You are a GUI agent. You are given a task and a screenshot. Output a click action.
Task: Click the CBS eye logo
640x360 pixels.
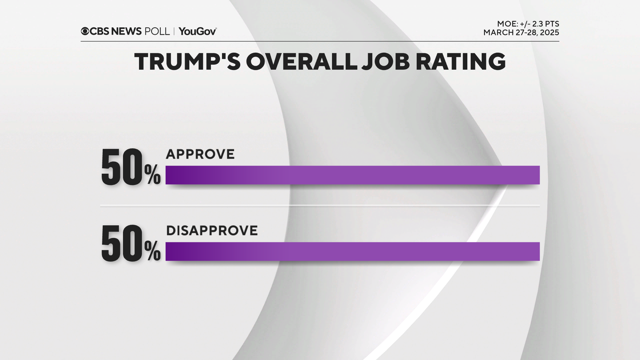(85, 31)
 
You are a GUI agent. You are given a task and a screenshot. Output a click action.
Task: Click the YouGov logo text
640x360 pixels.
(198, 31)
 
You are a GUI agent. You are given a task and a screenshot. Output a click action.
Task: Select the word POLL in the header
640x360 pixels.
(157, 31)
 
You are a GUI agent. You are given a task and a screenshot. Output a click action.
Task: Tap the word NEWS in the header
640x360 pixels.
(126, 31)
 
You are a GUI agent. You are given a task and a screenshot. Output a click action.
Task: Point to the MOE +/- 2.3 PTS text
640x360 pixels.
(528, 24)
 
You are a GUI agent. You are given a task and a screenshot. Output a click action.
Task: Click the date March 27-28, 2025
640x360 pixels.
(521, 33)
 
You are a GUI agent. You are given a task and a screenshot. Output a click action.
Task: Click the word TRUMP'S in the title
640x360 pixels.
(187, 62)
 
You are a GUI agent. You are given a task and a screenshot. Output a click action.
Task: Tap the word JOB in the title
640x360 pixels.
(386, 62)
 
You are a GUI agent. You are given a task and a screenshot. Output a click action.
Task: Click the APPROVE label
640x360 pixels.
(200, 154)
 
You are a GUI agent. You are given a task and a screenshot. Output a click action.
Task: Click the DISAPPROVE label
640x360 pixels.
(212, 231)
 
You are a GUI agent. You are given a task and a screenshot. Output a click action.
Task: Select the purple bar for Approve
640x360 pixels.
(352, 175)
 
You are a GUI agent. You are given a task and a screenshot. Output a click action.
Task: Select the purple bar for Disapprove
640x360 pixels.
(352, 251)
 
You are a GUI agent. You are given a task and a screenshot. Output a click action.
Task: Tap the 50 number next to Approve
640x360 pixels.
(122, 167)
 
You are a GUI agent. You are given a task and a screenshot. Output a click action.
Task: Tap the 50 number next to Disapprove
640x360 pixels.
(122, 243)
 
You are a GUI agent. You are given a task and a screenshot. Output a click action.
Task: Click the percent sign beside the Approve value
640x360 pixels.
(153, 175)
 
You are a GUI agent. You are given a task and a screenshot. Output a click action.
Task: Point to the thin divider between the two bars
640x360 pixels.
(320, 206)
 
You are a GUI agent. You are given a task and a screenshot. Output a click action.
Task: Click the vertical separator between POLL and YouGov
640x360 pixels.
(174, 31)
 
